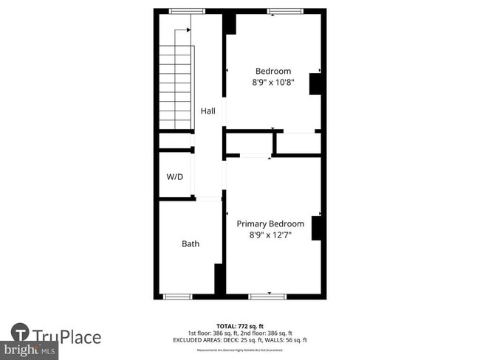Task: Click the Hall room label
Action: point(208,111)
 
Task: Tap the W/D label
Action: point(174,177)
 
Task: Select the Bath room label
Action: point(191,243)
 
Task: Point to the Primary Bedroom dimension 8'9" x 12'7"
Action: point(270,235)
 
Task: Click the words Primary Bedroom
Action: point(270,224)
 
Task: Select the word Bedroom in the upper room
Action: point(273,71)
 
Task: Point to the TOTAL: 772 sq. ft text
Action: point(239,326)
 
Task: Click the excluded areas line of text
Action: point(239,340)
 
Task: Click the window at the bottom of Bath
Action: point(177,296)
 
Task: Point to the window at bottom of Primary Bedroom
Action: point(267,296)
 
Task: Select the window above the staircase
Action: point(188,11)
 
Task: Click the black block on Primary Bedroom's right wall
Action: point(318,228)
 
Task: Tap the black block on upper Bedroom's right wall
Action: point(316,83)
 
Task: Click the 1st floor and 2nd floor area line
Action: point(239,333)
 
